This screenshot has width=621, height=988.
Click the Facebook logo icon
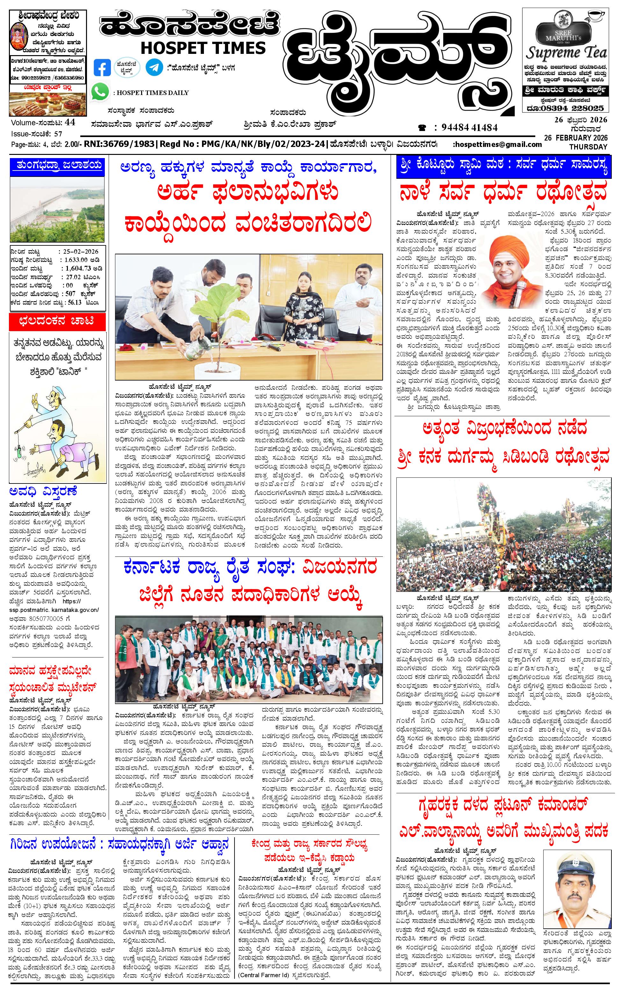click(x=102, y=67)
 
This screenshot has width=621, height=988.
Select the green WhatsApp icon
click(x=100, y=91)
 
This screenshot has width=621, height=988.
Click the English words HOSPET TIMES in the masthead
click(x=203, y=48)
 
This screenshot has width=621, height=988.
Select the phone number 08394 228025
click(x=574, y=108)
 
